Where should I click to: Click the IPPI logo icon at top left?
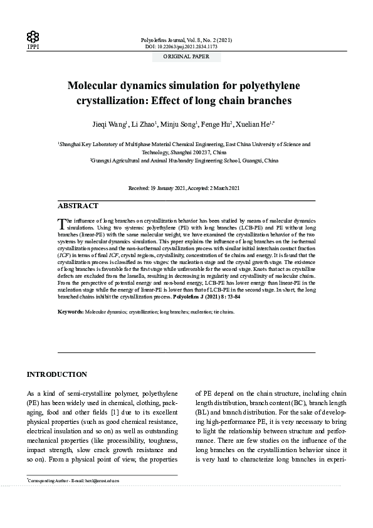pyautogui.click(x=33, y=36)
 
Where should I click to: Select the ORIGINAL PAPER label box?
pyautogui.click(x=186, y=56)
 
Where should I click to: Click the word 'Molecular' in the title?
pyautogui.click(x=102, y=86)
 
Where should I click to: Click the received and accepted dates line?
pyautogui.click(x=186, y=188)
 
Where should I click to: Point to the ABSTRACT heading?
pyautogui.click(x=78, y=206)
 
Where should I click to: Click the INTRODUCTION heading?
pyautogui.click(x=56, y=375)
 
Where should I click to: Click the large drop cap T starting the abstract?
pyautogui.click(x=61, y=224)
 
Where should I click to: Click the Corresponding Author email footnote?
pyautogui.click(x=74, y=481)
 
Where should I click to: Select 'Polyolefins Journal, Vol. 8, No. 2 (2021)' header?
pyautogui.click(x=186, y=40)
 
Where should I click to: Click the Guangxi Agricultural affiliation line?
pyautogui.click(x=186, y=161)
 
